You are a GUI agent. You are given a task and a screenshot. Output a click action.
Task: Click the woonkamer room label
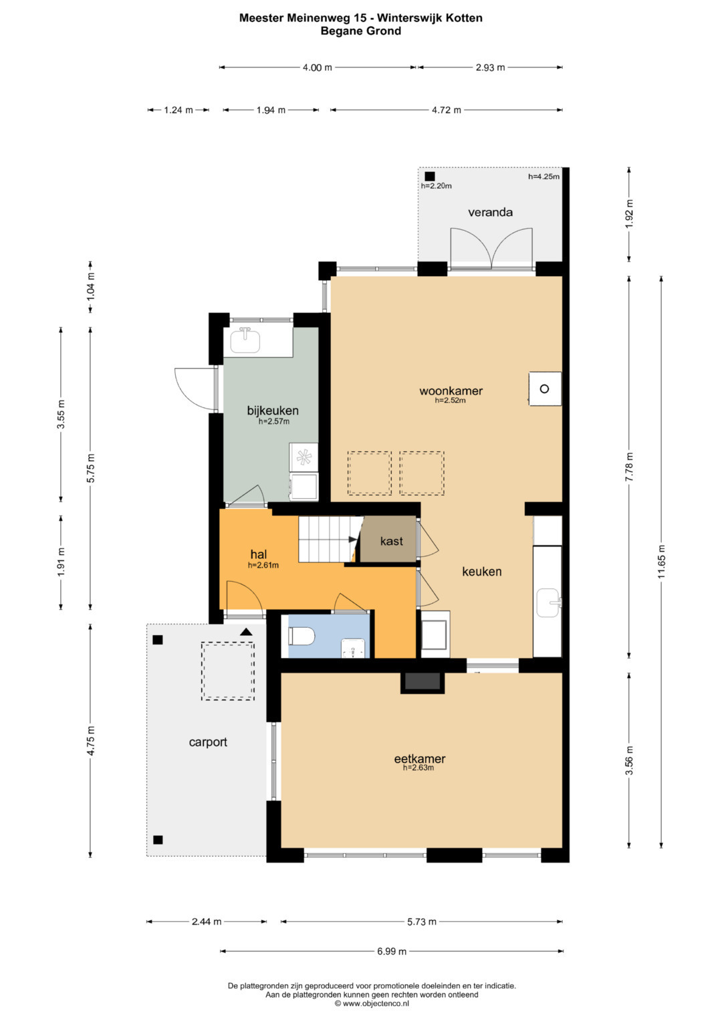pyautogui.click(x=451, y=390)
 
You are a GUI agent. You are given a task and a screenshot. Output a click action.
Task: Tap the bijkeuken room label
pyautogui.click(x=273, y=411)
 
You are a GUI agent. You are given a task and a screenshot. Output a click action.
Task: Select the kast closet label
pyautogui.click(x=392, y=541)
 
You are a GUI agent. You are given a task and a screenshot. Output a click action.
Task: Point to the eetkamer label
pyautogui.click(x=419, y=758)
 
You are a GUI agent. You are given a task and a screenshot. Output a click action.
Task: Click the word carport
pyautogui.click(x=208, y=742)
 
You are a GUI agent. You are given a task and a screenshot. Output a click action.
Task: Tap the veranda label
pyautogui.click(x=490, y=212)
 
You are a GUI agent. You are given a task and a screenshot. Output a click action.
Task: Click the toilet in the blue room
pyautogui.click(x=302, y=636)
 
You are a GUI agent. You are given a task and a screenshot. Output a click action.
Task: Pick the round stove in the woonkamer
pyautogui.click(x=544, y=388)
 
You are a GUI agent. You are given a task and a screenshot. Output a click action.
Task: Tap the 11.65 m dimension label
pyautogui.click(x=661, y=562)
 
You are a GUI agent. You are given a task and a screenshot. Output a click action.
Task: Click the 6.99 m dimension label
pyautogui.click(x=392, y=951)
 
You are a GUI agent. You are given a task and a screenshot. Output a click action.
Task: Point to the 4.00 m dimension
pyautogui.click(x=318, y=68)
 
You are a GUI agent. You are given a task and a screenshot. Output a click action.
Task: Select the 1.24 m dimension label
pyautogui.click(x=178, y=110)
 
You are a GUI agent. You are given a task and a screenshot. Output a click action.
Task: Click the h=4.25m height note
pyautogui.click(x=544, y=177)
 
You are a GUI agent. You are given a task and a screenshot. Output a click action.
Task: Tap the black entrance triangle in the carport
pyautogui.click(x=246, y=632)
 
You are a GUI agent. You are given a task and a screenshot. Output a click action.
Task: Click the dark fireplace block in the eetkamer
pyautogui.click(x=423, y=681)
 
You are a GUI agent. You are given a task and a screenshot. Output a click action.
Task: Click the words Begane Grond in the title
pyautogui.click(x=360, y=31)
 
